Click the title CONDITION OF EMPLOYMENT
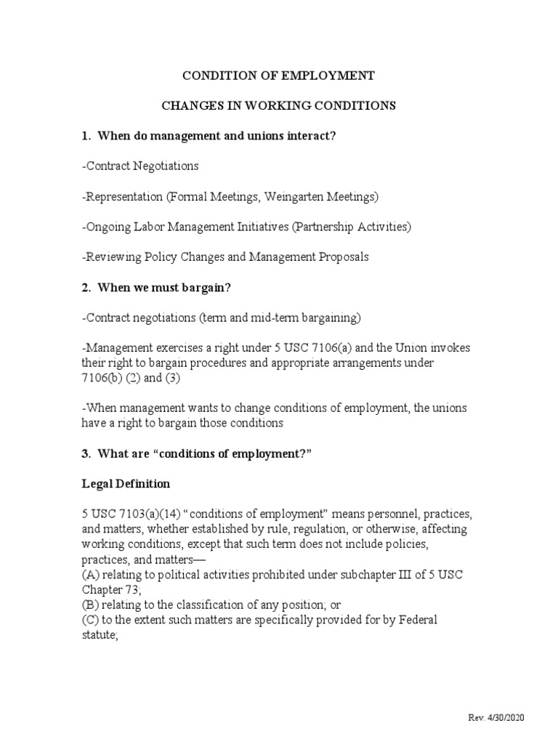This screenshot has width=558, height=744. (278, 76)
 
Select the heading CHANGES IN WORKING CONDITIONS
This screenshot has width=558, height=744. (278, 105)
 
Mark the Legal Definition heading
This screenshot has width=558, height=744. (126, 483)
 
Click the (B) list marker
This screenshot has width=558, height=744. (90, 605)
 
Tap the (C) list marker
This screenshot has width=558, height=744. (90, 620)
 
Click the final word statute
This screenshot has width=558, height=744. (100, 636)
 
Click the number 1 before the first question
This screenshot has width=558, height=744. (85, 136)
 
